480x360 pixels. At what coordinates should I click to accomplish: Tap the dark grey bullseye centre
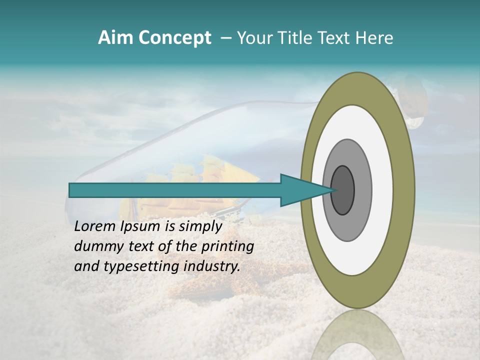[x=342, y=190]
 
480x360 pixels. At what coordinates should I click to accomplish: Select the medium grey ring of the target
[x=362, y=190]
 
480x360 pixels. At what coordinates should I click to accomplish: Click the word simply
[x=200, y=226]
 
